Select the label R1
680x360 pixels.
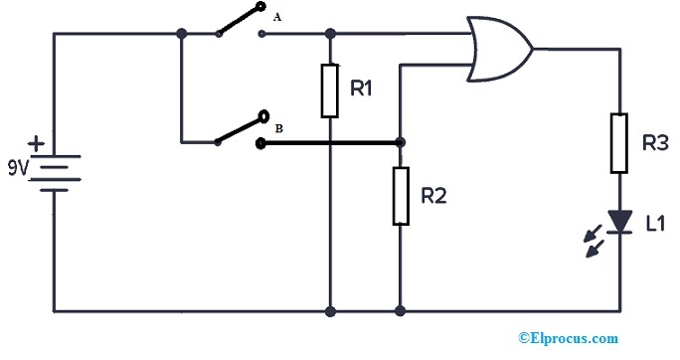(x=361, y=90)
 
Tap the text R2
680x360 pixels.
(x=434, y=196)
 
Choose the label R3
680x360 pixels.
(x=654, y=143)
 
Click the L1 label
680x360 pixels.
(x=654, y=225)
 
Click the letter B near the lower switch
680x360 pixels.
(x=279, y=128)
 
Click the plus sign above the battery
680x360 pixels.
(x=36, y=144)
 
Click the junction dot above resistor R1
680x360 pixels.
(x=329, y=34)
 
